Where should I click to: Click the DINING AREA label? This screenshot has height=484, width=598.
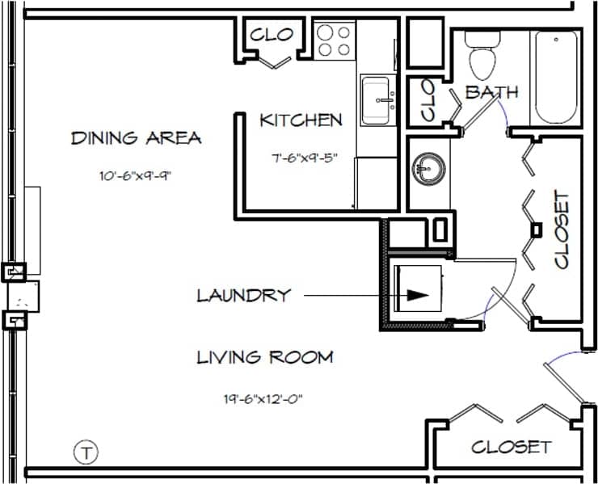tap(136, 137)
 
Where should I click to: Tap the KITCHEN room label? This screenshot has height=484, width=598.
tap(301, 120)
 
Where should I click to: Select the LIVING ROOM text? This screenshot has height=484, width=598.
tap(265, 356)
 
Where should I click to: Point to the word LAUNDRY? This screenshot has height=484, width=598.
tap(243, 295)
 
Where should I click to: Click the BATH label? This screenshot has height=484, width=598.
tap(491, 92)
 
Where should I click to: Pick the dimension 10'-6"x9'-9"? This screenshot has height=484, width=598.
tap(135, 174)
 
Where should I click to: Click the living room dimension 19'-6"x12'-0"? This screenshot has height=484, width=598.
tap(265, 398)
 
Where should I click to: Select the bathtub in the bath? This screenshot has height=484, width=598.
tap(554, 77)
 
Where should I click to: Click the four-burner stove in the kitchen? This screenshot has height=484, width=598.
tap(333, 41)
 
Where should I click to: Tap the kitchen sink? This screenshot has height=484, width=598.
tap(378, 100)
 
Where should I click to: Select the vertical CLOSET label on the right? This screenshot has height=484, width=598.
tap(562, 229)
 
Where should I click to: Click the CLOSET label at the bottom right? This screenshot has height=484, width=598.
tap(511, 446)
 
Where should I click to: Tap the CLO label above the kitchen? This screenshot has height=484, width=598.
tap(271, 35)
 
